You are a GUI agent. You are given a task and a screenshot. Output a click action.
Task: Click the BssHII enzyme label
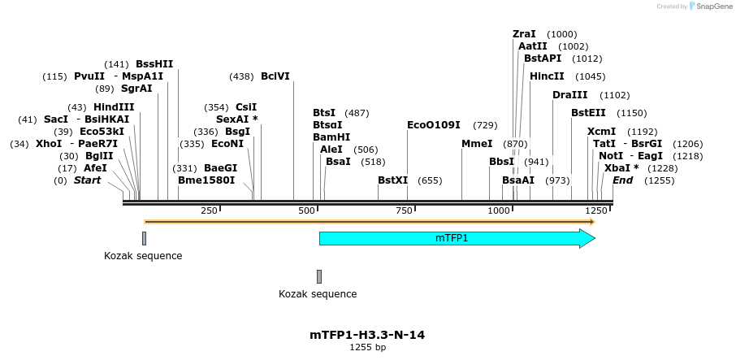tap(154, 64)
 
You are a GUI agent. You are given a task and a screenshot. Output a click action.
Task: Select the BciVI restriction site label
tap(275, 76)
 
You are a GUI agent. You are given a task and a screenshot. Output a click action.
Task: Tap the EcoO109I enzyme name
tap(434, 125)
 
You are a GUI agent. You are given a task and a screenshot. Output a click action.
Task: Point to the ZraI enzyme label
tap(524, 34)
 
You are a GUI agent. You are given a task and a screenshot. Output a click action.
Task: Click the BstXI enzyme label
tap(393, 180)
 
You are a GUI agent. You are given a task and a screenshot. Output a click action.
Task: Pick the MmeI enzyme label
tap(477, 144)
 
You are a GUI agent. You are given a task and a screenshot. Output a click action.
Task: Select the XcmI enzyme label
tap(601, 132)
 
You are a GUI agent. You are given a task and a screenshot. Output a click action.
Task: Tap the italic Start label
tap(88, 180)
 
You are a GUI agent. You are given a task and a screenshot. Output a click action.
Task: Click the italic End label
tap(623, 180)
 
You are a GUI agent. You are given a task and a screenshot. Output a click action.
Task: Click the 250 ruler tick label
tap(209, 210)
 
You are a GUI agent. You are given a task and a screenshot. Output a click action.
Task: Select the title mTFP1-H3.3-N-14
tap(367, 335)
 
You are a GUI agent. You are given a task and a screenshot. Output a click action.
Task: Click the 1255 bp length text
tap(367, 348)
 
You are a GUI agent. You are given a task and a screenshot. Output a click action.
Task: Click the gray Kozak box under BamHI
tap(319, 276)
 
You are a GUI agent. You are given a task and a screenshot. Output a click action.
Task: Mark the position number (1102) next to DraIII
tap(614, 96)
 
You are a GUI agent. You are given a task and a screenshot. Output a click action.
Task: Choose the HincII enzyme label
tap(547, 76)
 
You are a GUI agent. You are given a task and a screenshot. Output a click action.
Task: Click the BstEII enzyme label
tap(588, 113)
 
